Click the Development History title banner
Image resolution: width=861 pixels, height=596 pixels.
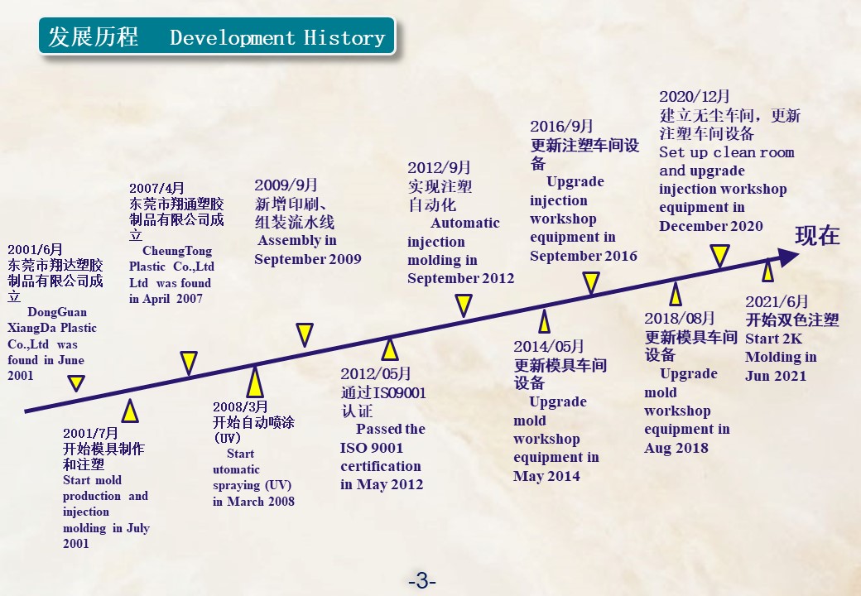(217, 36)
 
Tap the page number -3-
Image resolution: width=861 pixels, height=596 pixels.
(421, 580)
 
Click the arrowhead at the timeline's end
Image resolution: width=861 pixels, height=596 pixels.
(788, 257)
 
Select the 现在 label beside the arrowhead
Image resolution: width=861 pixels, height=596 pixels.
(818, 235)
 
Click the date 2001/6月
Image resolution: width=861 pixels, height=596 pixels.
(35, 250)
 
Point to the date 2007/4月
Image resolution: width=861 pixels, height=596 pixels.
(156, 188)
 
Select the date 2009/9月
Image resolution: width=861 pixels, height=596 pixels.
(286, 185)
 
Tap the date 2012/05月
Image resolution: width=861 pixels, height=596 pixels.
(376, 373)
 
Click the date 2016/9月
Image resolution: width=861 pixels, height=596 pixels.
(561, 126)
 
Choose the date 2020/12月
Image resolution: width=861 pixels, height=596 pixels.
(695, 97)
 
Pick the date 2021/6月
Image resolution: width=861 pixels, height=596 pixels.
(777, 301)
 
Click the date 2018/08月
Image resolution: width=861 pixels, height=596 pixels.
(679, 319)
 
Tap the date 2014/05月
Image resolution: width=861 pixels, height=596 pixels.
(549, 346)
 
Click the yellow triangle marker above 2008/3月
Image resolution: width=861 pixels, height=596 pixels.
(255, 382)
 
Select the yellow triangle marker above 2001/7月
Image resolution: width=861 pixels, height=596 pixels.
(130, 411)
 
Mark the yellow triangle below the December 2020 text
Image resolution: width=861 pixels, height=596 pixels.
(720, 256)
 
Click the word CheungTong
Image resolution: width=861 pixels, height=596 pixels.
(177, 251)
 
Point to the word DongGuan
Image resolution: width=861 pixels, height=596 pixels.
(57, 312)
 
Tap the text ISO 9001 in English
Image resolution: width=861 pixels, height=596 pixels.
(372, 448)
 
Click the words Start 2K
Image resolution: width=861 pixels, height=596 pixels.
(773, 339)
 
